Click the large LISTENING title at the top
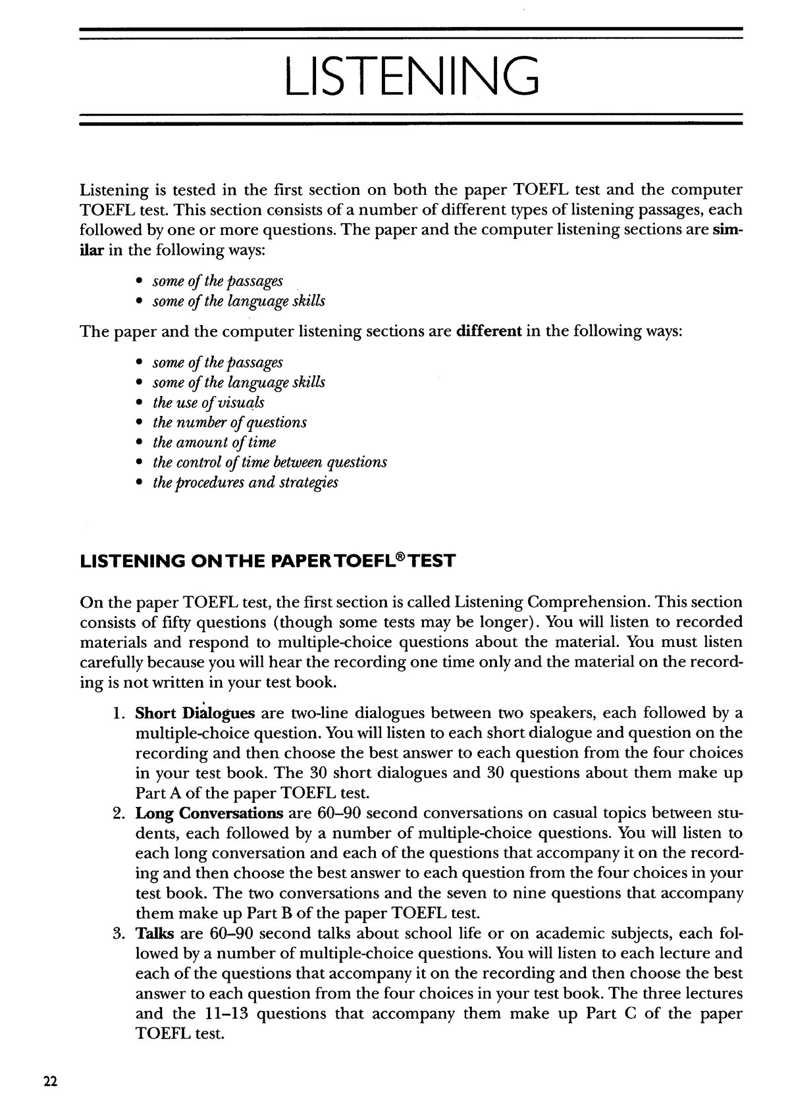(x=411, y=76)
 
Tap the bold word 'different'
(x=488, y=331)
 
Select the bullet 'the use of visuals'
(x=208, y=403)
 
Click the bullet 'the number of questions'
(x=229, y=423)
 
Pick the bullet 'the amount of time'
(x=214, y=442)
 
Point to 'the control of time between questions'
(x=269, y=462)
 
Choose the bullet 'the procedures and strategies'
(x=245, y=482)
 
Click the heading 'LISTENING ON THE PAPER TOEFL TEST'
(x=267, y=561)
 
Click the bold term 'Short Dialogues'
(x=195, y=713)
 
